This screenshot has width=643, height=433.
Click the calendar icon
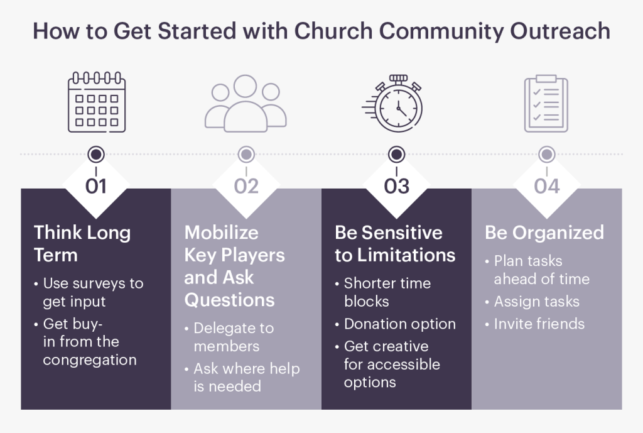pyautogui.click(x=96, y=102)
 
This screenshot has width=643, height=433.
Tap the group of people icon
pyautogui.click(x=246, y=104)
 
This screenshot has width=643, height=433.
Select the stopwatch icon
pyautogui.click(x=392, y=104)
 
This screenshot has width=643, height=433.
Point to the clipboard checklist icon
pyautogui.click(x=546, y=104)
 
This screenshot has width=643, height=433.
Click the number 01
pyautogui.click(x=96, y=186)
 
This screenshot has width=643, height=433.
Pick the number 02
pyautogui.click(x=246, y=186)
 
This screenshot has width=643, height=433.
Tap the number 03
pyautogui.click(x=397, y=186)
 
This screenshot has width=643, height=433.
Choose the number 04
pyautogui.click(x=547, y=186)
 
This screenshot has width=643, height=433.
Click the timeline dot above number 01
pyautogui.click(x=96, y=155)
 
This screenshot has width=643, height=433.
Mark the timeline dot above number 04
pyautogui.click(x=547, y=155)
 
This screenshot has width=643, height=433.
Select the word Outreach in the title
pyautogui.click(x=560, y=31)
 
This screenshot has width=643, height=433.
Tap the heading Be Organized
pyautogui.click(x=544, y=233)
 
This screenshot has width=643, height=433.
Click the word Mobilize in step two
pyautogui.click(x=222, y=233)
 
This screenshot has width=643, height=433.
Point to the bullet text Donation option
pyautogui.click(x=400, y=324)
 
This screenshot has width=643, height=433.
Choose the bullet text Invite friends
pyautogui.click(x=539, y=324)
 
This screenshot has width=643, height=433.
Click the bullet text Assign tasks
pyautogui.click(x=537, y=302)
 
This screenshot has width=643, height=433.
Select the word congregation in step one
pyautogui.click(x=90, y=360)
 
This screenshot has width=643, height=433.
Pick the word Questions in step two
pyautogui.click(x=229, y=300)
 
